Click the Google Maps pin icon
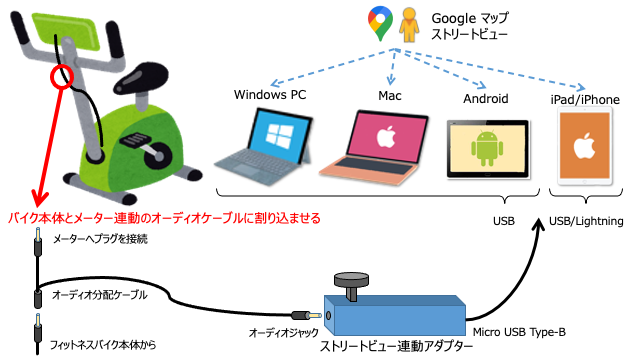click(x=379, y=23)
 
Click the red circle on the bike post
click(x=62, y=76)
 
